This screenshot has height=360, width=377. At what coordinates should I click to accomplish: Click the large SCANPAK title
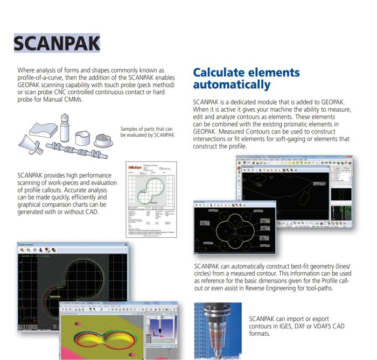(x=57, y=43)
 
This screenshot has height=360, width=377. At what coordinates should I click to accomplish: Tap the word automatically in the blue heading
(x=232, y=85)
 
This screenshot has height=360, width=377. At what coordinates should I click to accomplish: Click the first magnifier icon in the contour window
(x=22, y=250)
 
